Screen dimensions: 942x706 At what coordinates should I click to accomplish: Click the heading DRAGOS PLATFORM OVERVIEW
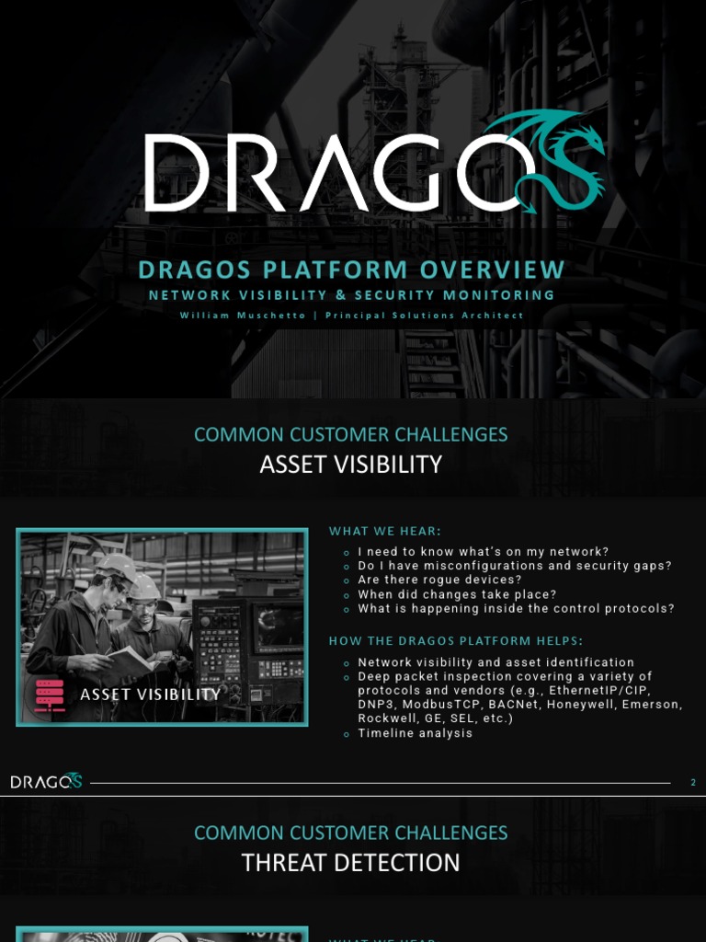click(351, 270)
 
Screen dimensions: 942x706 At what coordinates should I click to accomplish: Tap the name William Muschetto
click(243, 316)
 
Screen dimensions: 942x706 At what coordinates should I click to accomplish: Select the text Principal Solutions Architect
click(425, 316)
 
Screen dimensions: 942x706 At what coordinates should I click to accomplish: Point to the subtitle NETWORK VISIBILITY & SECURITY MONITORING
click(351, 295)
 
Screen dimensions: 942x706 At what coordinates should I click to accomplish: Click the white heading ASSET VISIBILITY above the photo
click(350, 465)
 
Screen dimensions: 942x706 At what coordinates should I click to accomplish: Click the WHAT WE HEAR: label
click(385, 531)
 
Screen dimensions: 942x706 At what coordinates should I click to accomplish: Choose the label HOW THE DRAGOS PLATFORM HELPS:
click(456, 640)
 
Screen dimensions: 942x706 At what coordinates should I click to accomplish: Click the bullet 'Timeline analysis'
click(415, 733)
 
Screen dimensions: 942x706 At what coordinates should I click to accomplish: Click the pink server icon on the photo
click(50, 695)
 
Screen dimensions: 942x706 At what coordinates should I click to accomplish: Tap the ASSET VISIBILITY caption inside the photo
click(150, 695)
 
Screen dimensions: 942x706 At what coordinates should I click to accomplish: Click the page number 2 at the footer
click(693, 783)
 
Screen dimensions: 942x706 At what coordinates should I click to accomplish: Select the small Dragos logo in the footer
click(46, 782)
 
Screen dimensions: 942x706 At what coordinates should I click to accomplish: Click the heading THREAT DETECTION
click(350, 863)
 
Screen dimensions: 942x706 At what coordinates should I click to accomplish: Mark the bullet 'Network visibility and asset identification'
click(495, 662)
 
